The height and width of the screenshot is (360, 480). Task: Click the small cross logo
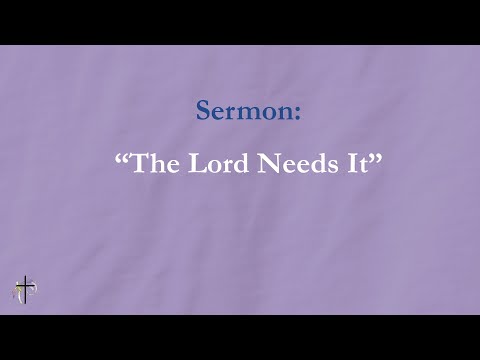(x=23, y=291)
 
